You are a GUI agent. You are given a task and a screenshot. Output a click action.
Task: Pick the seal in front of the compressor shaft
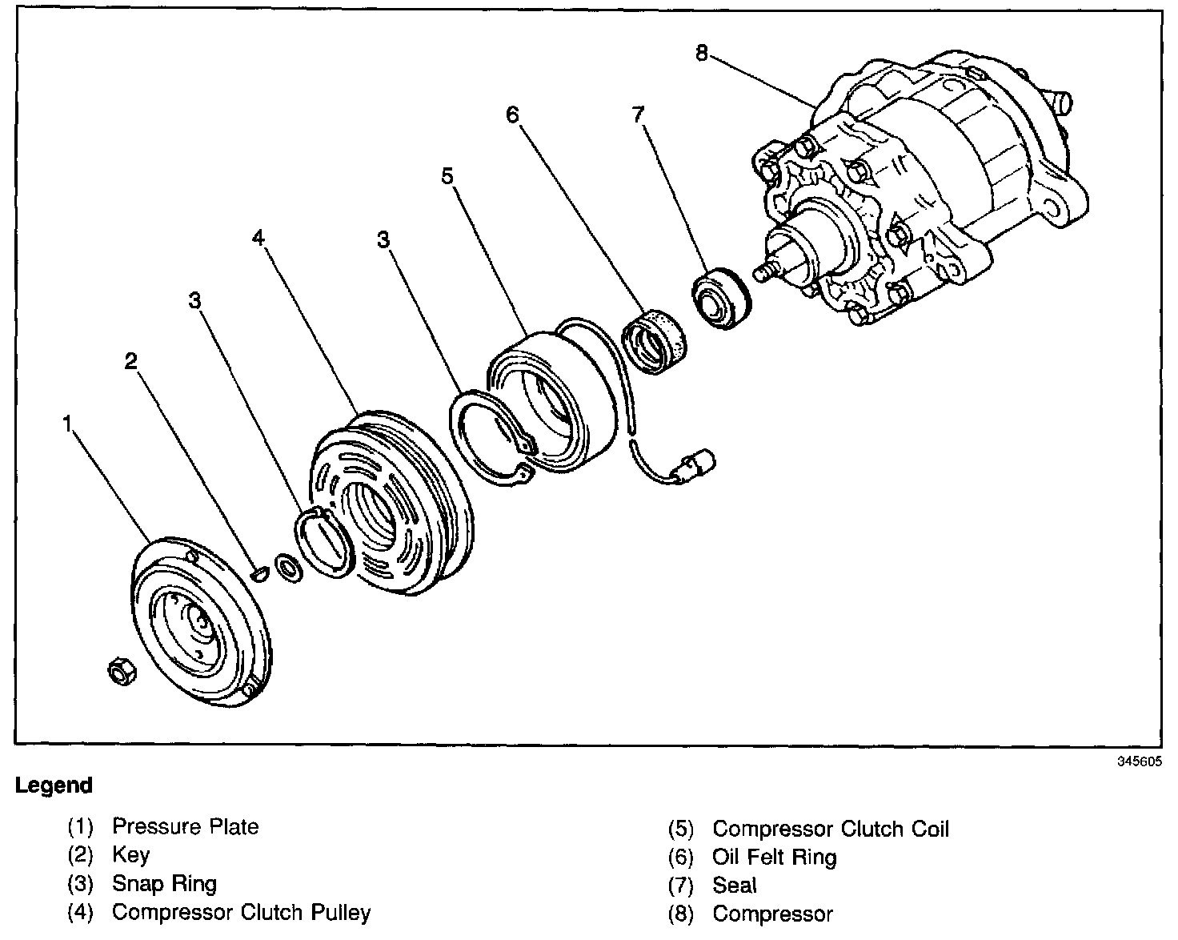coord(720,299)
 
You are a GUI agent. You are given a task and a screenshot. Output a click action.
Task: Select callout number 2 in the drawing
coord(130,361)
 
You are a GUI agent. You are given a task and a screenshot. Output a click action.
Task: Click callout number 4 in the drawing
coord(258,237)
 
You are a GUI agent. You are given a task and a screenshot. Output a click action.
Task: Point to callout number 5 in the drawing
coord(448,175)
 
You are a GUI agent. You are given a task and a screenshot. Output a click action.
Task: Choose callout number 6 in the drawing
coord(511,114)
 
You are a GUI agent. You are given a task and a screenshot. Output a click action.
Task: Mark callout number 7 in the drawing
coord(638,114)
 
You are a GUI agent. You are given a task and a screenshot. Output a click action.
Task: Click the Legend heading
coord(54,785)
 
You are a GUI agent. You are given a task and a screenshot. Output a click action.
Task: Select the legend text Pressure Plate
coord(185,826)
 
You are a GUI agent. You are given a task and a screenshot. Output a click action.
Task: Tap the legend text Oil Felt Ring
coord(774,858)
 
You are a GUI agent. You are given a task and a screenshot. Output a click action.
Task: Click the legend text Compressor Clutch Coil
coord(831,829)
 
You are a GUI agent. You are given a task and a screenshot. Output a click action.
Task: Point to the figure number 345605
coord(1140,761)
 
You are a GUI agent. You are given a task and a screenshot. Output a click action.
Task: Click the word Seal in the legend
coord(734,886)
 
